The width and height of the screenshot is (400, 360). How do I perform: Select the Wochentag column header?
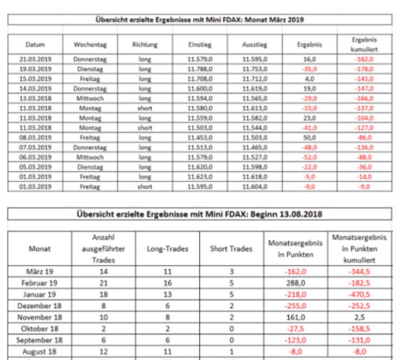tap(90, 45)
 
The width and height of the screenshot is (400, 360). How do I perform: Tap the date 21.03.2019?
tap(36, 59)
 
